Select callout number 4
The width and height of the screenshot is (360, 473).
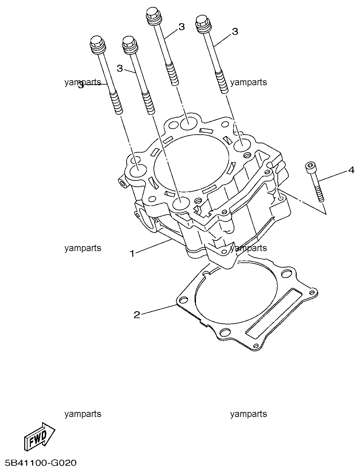point(351,170)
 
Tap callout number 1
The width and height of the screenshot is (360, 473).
point(132,254)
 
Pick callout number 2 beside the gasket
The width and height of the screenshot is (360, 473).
point(137,315)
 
